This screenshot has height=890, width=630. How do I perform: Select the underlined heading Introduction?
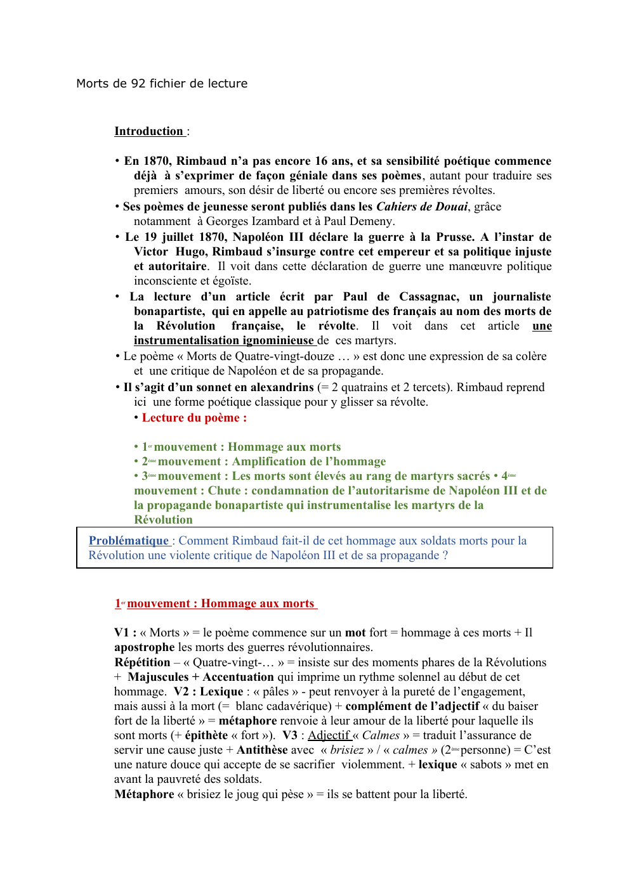tap(148, 131)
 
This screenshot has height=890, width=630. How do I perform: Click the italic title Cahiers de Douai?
tap(421, 207)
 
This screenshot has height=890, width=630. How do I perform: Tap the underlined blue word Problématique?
tap(129, 541)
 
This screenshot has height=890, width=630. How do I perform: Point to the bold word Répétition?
tap(142, 662)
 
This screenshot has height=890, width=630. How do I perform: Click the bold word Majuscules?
tap(158, 677)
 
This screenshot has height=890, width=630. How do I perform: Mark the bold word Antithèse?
tap(262, 750)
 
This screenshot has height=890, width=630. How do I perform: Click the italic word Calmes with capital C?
tap(381, 735)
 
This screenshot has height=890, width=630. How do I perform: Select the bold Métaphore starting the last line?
tap(144, 794)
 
